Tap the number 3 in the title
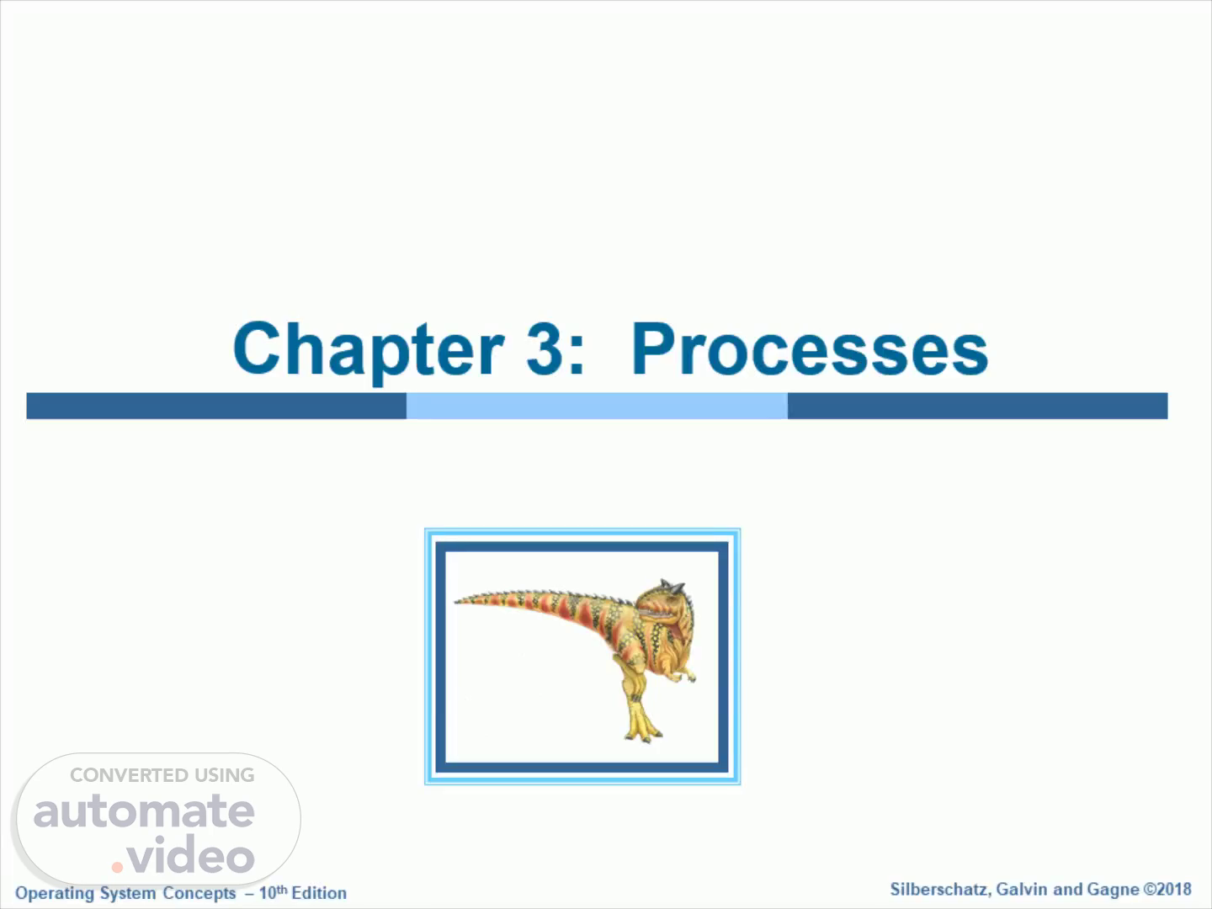pos(545,348)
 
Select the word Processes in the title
pos(810,348)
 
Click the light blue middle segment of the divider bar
pos(597,406)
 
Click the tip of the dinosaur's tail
pos(455,602)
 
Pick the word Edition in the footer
pos(319,893)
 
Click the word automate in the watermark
pos(144,811)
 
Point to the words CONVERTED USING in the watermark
pos(162,775)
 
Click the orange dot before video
pos(117,867)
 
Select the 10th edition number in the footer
pos(274,892)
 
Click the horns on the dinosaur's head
pos(673,586)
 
